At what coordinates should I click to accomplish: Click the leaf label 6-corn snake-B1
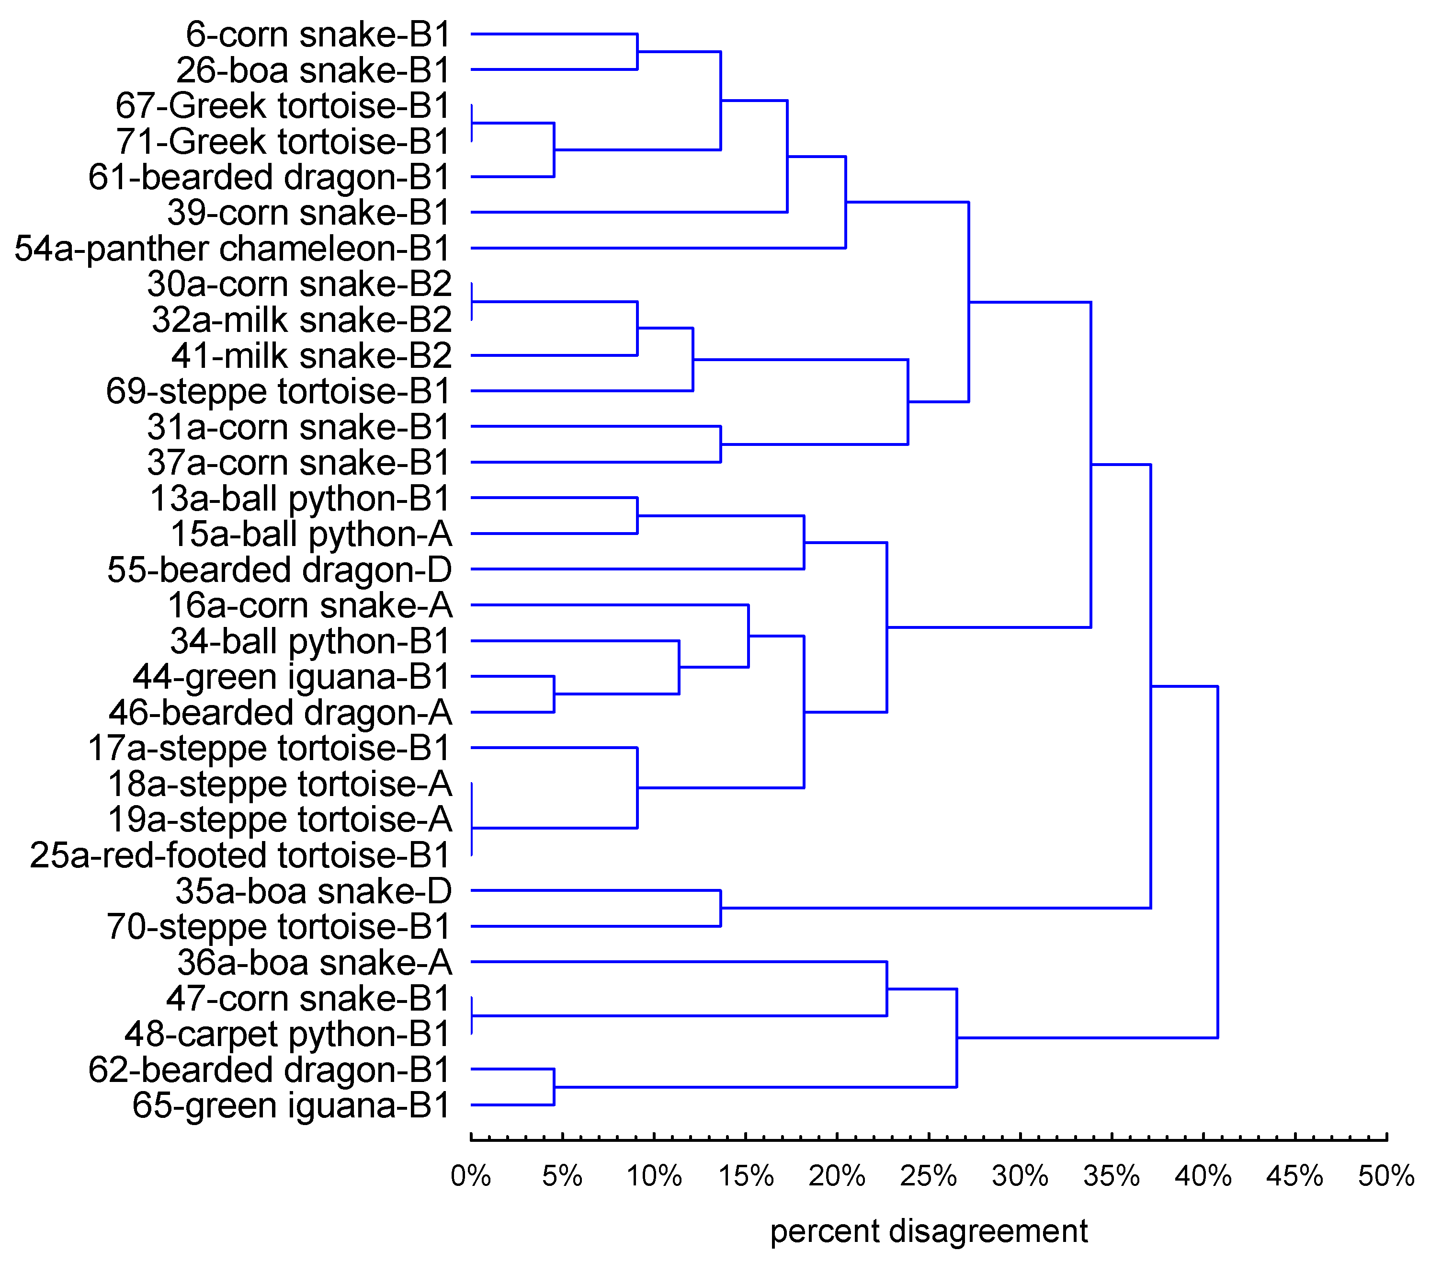(x=318, y=35)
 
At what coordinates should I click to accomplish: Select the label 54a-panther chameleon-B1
(x=232, y=249)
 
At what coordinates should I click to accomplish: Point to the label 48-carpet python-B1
(x=287, y=1034)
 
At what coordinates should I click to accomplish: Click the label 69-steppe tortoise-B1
(x=278, y=392)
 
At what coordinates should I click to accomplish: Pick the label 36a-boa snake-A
(x=314, y=963)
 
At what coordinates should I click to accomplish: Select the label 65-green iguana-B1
(x=291, y=1105)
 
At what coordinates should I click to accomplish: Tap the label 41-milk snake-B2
(x=311, y=356)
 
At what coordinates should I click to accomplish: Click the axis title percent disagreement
(x=929, y=1231)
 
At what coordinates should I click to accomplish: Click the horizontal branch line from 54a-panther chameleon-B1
(x=658, y=248)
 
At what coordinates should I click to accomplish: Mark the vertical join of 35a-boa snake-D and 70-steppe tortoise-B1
(x=721, y=908)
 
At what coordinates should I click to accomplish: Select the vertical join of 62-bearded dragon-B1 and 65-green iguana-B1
(x=554, y=1087)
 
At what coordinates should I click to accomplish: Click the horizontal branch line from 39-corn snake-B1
(x=630, y=212)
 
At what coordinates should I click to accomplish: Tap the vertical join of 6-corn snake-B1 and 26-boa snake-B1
(x=636, y=51)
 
